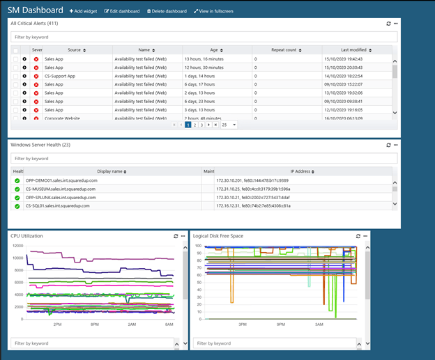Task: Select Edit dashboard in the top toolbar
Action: coord(122,11)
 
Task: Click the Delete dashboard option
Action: coord(167,11)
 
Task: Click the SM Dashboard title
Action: coord(35,10)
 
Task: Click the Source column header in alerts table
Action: coord(75,50)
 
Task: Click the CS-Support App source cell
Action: coord(60,75)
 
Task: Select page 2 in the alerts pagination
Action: coord(194,125)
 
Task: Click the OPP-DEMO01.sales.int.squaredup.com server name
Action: coord(61,180)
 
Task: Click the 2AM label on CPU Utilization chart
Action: coord(132,324)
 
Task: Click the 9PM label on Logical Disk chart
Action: coord(280,324)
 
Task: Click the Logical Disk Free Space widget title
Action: coord(218,236)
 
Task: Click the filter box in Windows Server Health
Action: coord(204,158)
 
